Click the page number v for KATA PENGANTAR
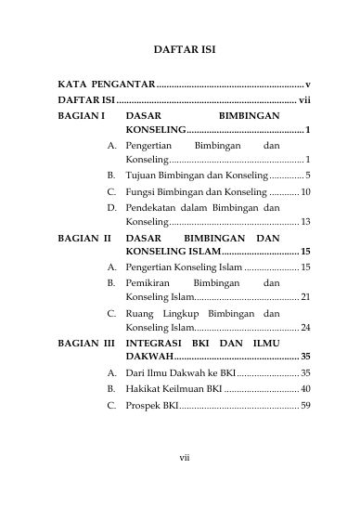[307, 84]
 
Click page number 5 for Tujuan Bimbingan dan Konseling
[307, 175]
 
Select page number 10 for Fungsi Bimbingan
[304, 191]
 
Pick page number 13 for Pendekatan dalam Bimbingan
[304, 222]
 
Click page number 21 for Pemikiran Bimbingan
[304, 297]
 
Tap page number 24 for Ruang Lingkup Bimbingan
[304, 328]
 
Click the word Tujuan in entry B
[143, 175]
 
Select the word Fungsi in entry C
[142, 191]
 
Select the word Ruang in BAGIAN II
[141, 314]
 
